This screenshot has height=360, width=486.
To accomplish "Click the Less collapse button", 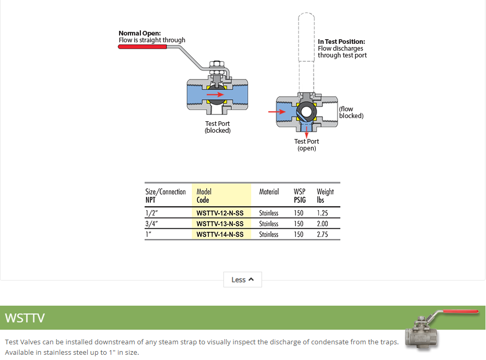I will pos(243,280).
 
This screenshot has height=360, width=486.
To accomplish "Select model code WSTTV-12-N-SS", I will pos(220,213).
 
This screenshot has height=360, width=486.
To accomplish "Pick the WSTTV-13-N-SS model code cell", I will pos(220,224).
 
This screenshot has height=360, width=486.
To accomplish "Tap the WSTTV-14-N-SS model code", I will pos(220,235).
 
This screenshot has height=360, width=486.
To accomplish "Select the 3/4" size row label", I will pos(151,224).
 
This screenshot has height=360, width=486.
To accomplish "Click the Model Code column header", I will pos(204,196).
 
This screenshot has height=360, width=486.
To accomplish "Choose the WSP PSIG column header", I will pos(300,196).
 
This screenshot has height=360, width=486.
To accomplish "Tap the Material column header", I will pos(269,192).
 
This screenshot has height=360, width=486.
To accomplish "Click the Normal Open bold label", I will pos(139,33).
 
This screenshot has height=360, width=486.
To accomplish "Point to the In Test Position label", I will pos(341,41).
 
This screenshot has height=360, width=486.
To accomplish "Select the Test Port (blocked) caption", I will pos(217,127).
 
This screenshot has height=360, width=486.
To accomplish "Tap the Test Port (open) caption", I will pos(306,145).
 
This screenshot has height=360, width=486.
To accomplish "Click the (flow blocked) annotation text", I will pos(351,112).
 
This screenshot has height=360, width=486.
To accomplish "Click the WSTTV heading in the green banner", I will pos(25,318).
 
